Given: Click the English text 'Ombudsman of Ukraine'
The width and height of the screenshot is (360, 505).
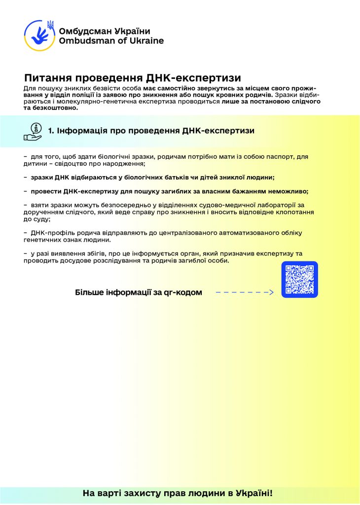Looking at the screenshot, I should pyautogui.click(x=111, y=41).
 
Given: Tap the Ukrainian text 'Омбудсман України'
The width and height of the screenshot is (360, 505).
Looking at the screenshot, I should pyautogui.click(x=104, y=31).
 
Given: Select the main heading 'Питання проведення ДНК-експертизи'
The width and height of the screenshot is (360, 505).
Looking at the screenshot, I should pyautogui.click(x=132, y=78).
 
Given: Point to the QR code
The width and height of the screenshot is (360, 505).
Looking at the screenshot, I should pyautogui.click(x=299, y=279).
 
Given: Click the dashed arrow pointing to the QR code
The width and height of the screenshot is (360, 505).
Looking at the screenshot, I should pyautogui.click(x=245, y=292).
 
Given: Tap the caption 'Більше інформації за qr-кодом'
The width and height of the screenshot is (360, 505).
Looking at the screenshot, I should pyautogui.click(x=139, y=292).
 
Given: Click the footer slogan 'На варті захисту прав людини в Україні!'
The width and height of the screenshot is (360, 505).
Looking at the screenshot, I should pyautogui.click(x=177, y=493).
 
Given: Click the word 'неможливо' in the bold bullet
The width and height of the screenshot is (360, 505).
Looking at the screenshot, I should pyautogui.click(x=290, y=191).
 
